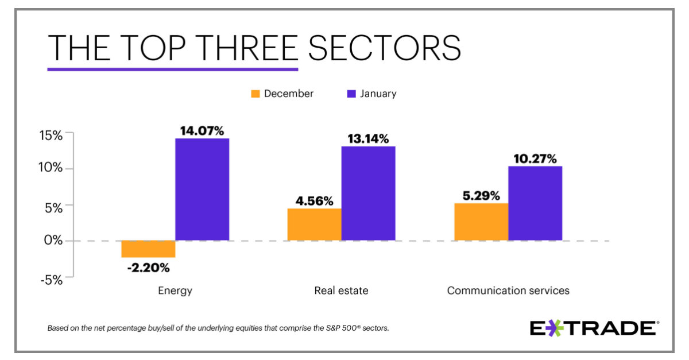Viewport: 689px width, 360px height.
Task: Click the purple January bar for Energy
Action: (202, 189)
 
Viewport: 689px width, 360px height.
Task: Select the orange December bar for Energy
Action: (148, 249)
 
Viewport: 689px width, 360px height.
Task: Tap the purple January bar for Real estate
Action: (368, 193)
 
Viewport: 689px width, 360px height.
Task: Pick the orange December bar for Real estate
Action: (314, 224)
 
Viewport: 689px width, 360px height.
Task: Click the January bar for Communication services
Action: (535, 203)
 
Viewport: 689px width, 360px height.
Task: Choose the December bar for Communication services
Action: (481, 222)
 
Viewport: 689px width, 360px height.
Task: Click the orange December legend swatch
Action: (256, 94)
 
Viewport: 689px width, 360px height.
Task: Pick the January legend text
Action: (378, 94)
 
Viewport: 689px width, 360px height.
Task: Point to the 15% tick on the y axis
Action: (51, 136)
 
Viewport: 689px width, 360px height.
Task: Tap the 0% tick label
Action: (53, 241)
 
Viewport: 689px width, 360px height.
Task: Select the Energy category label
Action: (175, 291)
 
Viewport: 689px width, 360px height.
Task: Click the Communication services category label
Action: (508, 291)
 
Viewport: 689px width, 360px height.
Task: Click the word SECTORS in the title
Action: (384, 48)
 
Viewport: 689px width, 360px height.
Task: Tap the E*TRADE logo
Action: (594, 328)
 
